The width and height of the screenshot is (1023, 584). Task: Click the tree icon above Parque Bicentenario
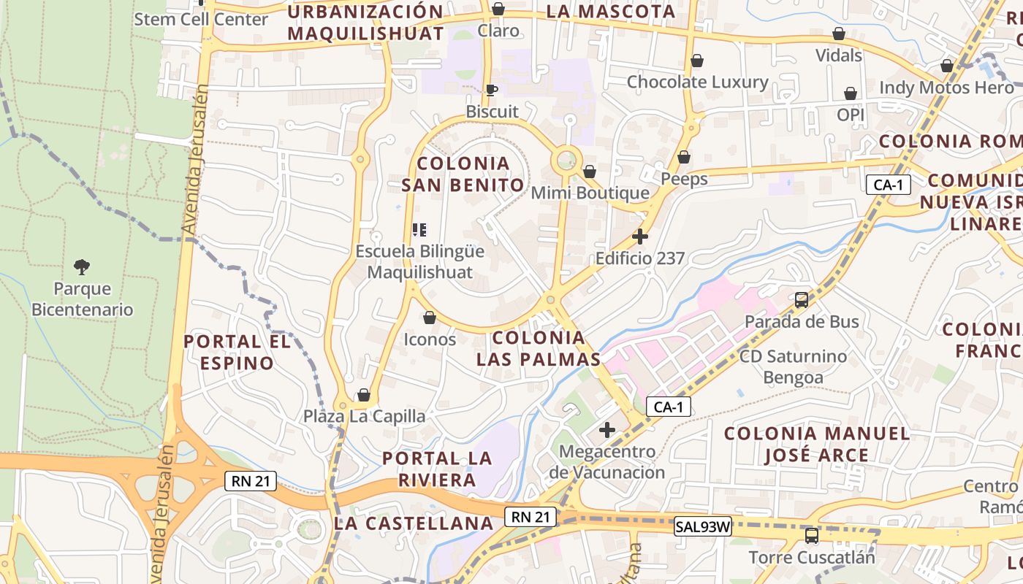click(82, 267)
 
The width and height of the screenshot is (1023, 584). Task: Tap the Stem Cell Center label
click(201, 19)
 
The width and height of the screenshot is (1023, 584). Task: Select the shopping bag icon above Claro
click(498, 9)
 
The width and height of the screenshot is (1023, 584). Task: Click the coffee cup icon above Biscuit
click(492, 90)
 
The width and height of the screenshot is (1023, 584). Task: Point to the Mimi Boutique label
click(590, 193)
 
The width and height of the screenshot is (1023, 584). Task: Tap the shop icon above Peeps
click(684, 157)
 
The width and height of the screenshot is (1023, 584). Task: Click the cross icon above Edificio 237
click(640, 237)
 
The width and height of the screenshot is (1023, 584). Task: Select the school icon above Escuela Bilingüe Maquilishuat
click(419, 230)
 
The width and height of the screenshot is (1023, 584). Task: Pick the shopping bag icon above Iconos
click(430, 318)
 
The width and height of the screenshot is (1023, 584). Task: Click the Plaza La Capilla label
click(365, 416)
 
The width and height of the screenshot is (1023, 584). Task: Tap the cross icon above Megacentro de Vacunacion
click(606, 429)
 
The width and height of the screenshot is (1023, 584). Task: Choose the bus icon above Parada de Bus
click(802, 299)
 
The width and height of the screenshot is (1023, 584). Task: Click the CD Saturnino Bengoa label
click(793, 366)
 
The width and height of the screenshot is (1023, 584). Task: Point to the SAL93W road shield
click(702, 526)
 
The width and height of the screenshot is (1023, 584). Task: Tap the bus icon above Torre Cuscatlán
click(811, 536)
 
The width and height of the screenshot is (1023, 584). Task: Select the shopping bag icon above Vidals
click(839, 34)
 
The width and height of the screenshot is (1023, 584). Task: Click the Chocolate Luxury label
click(697, 82)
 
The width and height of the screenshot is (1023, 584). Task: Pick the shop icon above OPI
click(851, 93)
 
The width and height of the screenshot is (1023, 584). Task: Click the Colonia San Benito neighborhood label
click(463, 174)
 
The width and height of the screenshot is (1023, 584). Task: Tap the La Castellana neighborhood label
click(414, 523)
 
